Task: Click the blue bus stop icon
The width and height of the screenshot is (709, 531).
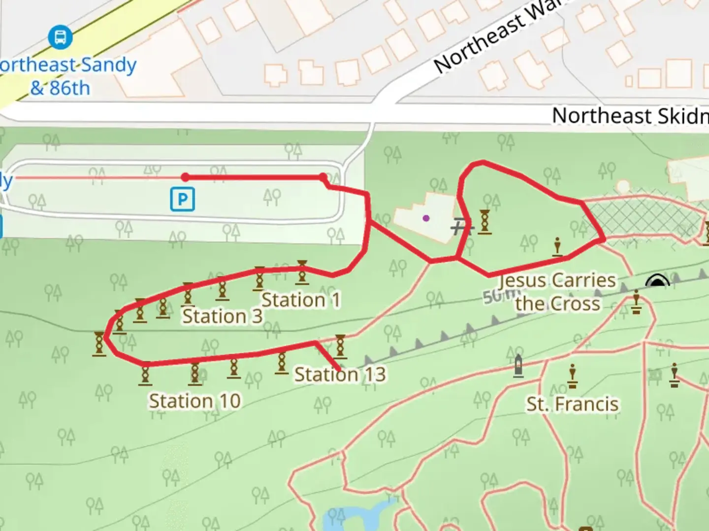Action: click(x=60, y=37)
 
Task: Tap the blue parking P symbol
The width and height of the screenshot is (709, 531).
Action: click(x=182, y=200)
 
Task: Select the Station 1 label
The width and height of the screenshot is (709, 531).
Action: click(x=300, y=300)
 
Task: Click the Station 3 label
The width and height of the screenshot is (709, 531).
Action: click(x=222, y=316)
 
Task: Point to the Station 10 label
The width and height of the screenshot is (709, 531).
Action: click(x=195, y=401)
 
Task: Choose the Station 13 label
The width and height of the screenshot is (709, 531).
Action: click(x=340, y=375)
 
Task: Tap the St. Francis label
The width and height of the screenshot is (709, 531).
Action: click(x=572, y=404)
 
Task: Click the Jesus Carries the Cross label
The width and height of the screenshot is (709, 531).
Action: click(x=558, y=292)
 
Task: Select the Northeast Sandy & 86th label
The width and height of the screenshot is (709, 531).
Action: click(x=64, y=76)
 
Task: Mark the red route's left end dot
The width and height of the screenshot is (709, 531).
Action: click(x=185, y=177)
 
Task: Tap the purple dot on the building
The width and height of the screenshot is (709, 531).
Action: click(x=426, y=218)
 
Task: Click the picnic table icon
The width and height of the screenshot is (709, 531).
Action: click(x=462, y=227)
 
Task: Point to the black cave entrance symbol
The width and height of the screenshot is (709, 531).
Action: click(x=657, y=281)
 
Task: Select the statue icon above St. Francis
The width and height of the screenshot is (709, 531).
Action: click(x=572, y=376)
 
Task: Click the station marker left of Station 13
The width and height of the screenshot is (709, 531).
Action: click(x=282, y=364)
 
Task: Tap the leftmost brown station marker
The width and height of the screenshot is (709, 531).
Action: click(x=99, y=344)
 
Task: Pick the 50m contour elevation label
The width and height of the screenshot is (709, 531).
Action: click(x=495, y=296)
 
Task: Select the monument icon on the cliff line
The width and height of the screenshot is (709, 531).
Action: click(x=518, y=366)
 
